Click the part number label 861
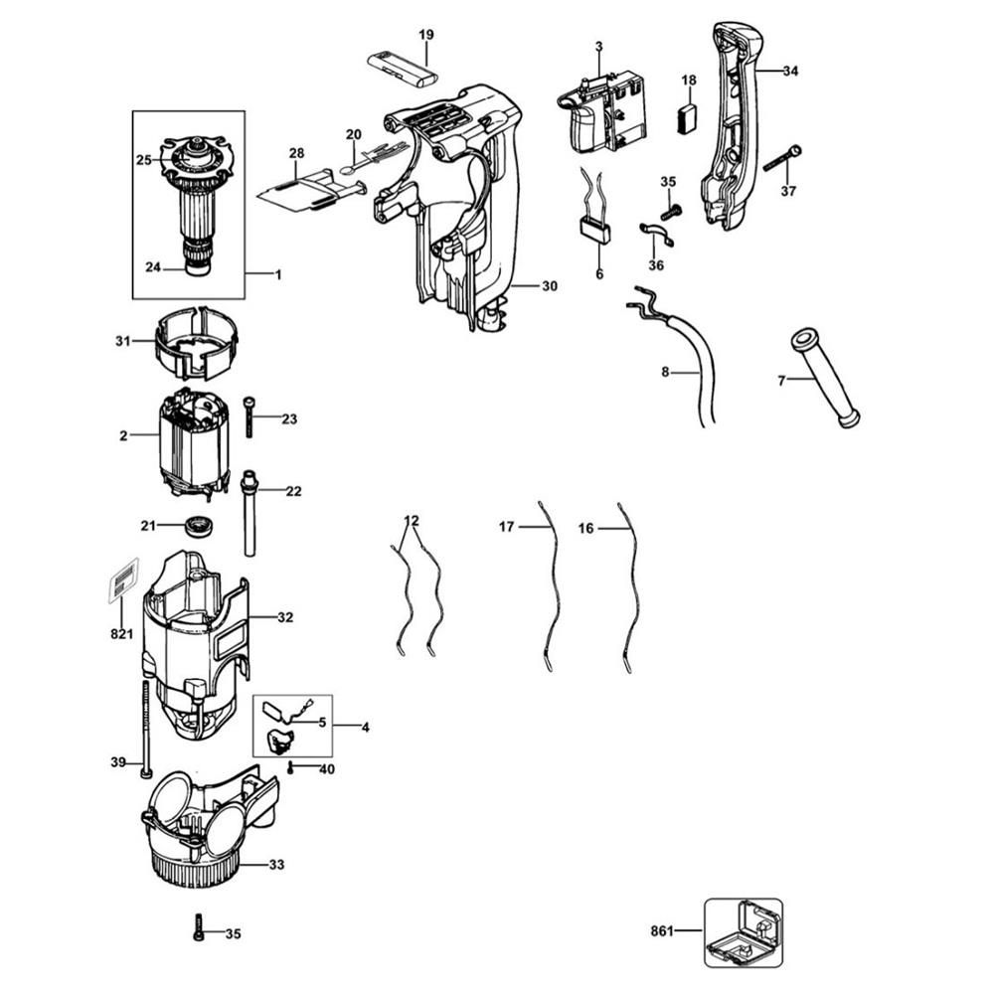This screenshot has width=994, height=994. coord(662,930)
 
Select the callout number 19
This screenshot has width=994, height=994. coord(425,35)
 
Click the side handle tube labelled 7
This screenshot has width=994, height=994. coord(824,377)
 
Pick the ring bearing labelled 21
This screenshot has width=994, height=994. coord(200,525)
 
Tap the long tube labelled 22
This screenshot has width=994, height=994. coord(248,512)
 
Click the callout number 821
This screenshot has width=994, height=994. coord(121,634)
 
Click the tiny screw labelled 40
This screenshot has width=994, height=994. coord(290,768)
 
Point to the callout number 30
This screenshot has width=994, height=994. coord(549,285)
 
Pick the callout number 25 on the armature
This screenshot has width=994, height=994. coord(143,159)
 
